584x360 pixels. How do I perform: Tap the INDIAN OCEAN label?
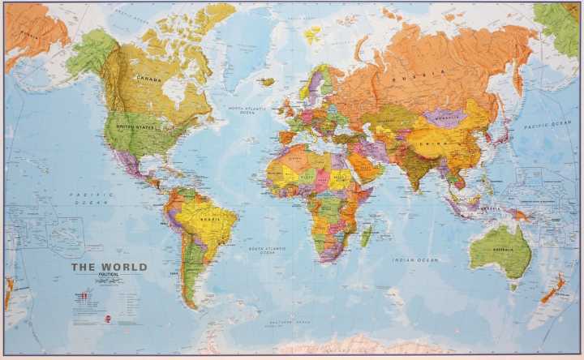point(414,259)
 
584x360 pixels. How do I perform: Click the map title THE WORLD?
point(109,267)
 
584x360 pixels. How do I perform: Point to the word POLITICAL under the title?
point(109,275)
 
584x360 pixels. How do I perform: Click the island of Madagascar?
point(367,236)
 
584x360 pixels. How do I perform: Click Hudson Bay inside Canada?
point(174,88)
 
